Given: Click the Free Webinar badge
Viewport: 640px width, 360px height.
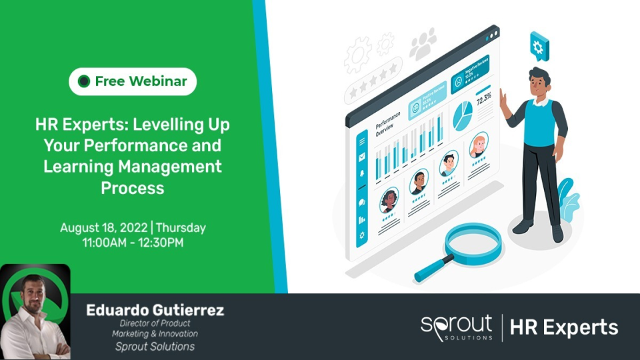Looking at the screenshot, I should point(133,81).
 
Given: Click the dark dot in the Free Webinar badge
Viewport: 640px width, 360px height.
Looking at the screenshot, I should point(83,81).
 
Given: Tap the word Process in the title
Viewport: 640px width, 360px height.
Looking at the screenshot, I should point(132,188).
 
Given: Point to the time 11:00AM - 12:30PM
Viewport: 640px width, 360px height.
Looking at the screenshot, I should point(133,242).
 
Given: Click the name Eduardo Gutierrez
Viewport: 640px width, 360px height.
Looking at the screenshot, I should point(155,310).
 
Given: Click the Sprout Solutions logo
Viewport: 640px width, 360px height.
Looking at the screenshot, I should point(457,327).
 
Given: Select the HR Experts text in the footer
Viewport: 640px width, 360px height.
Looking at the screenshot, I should point(563,327).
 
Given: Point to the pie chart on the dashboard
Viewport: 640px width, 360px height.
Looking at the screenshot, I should point(462,116).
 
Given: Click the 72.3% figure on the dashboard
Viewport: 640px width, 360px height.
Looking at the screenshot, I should point(483,99).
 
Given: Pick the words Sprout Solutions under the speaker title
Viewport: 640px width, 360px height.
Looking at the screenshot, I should point(155,346).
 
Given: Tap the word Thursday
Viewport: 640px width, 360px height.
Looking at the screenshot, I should point(181,228).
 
